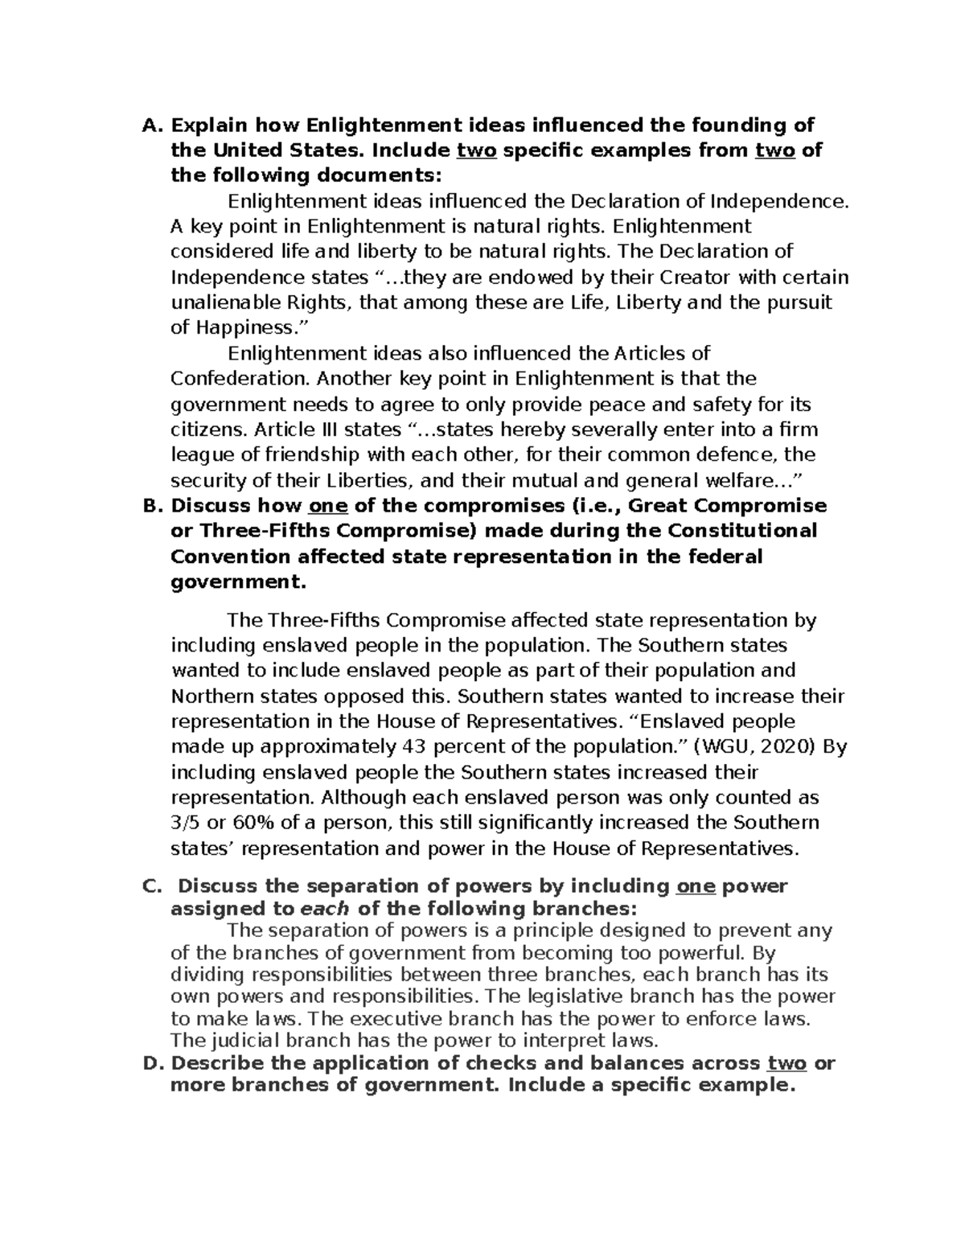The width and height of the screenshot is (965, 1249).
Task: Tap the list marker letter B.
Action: [150, 506]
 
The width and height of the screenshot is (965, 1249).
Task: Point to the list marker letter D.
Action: [150, 1063]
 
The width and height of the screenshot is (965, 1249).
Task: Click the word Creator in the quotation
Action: [696, 277]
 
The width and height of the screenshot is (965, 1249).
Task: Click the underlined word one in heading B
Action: [327, 506]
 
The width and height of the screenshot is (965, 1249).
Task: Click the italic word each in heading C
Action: [325, 909]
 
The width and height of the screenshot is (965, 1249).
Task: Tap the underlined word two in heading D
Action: [786, 1063]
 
